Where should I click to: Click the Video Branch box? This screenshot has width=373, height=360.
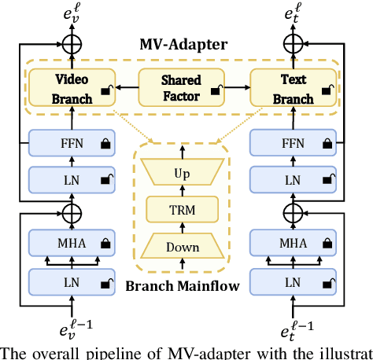[73, 89]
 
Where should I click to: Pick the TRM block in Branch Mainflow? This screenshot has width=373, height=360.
[182, 209]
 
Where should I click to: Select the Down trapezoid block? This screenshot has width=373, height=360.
[182, 248]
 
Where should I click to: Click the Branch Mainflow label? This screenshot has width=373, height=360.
[182, 286]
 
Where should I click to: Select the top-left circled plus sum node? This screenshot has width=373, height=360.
[73, 41]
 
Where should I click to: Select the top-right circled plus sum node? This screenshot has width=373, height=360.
[293, 41]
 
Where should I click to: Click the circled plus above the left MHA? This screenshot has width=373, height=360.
[73, 211]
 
